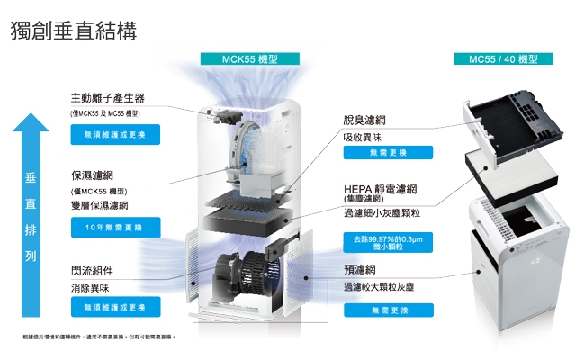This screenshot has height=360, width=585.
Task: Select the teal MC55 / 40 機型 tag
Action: [503, 59]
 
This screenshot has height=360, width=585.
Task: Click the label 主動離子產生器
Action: [108, 97]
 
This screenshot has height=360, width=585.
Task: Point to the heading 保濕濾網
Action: [93, 175]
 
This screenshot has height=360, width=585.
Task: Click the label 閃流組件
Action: [93, 271]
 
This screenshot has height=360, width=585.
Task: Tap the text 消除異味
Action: [90, 288]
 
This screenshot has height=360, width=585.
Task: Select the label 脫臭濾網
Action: [364, 120]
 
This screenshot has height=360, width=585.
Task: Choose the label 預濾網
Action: [359, 269]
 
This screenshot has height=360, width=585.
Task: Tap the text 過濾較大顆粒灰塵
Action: [379, 286]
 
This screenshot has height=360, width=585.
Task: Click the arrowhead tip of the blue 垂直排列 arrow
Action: [31, 120]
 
